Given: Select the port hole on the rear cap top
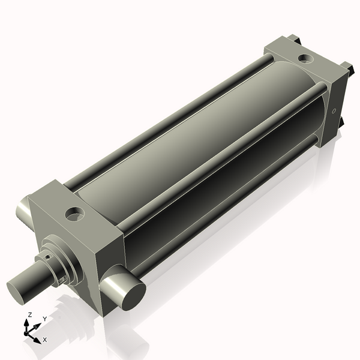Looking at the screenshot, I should [x=306, y=59].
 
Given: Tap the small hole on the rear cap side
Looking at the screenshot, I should [x=334, y=110].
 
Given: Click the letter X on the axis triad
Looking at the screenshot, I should [x=45, y=340].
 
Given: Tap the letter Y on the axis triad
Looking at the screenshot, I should [x=44, y=319].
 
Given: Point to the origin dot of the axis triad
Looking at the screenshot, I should [x=27, y=332].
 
